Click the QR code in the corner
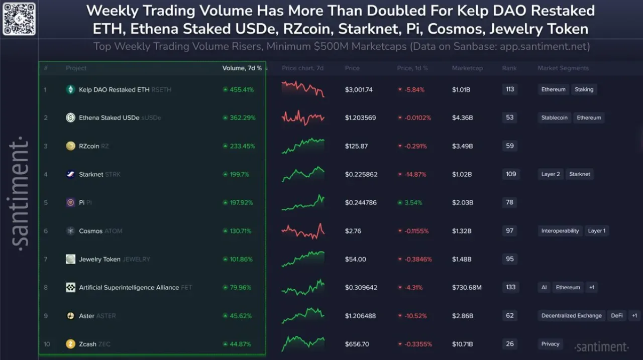click(x=19, y=19)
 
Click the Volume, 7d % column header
click(x=242, y=68)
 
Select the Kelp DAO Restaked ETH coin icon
click(x=70, y=89)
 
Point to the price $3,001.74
click(x=359, y=90)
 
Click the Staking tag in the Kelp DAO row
click(x=584, y=89)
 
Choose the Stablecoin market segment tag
click(x=554, y=117)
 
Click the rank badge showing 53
click(x=509, y=117)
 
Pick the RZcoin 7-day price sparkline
click(x=303, y=146)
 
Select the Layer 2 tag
click(x=551, y=174)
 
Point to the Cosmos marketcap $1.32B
click(x=462, y=231)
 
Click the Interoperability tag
click(x=560, y=230)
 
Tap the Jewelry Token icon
click(x=70, y=259)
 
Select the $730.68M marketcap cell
click(x=467, y=287)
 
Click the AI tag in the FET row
click(x=544, y=287)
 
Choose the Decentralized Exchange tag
click(x=572, y=315)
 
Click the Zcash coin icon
click(x=70, y=344)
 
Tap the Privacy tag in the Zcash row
click(x=550, y=343)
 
